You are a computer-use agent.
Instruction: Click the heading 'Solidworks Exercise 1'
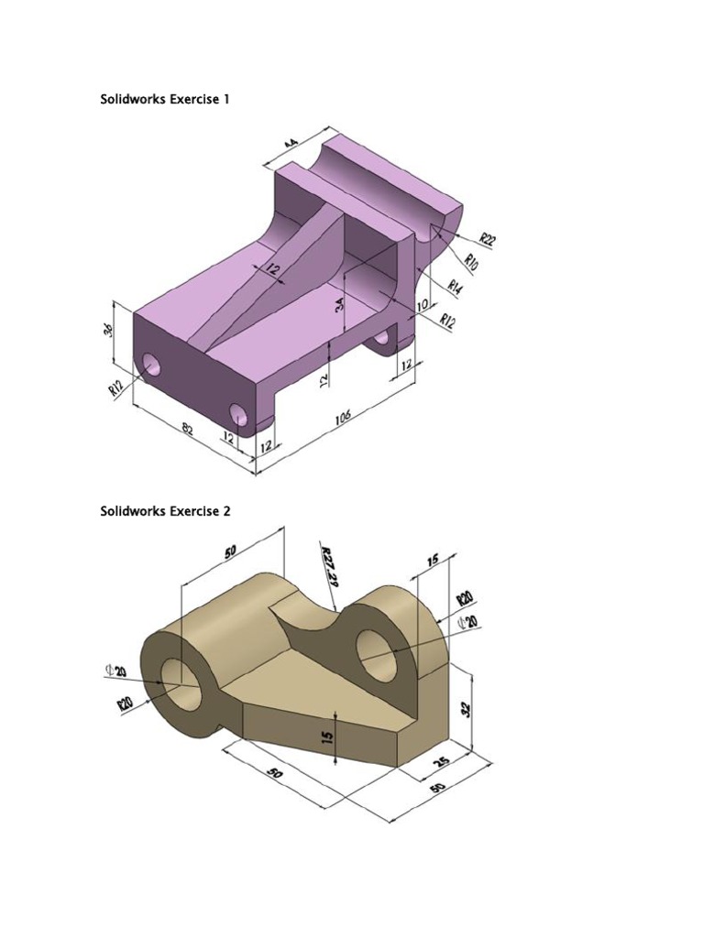tap(164, 99)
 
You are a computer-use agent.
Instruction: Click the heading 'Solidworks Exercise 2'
tap(164, 511)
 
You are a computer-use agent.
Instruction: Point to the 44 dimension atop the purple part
tap(292, 145)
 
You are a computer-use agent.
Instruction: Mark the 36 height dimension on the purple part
tap(107, 330)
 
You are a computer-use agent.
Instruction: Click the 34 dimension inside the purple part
tap(341, 310)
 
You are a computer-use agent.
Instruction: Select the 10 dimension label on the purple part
tap(422, 305)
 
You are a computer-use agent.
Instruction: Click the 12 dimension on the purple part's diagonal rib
tap(272, 269)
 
